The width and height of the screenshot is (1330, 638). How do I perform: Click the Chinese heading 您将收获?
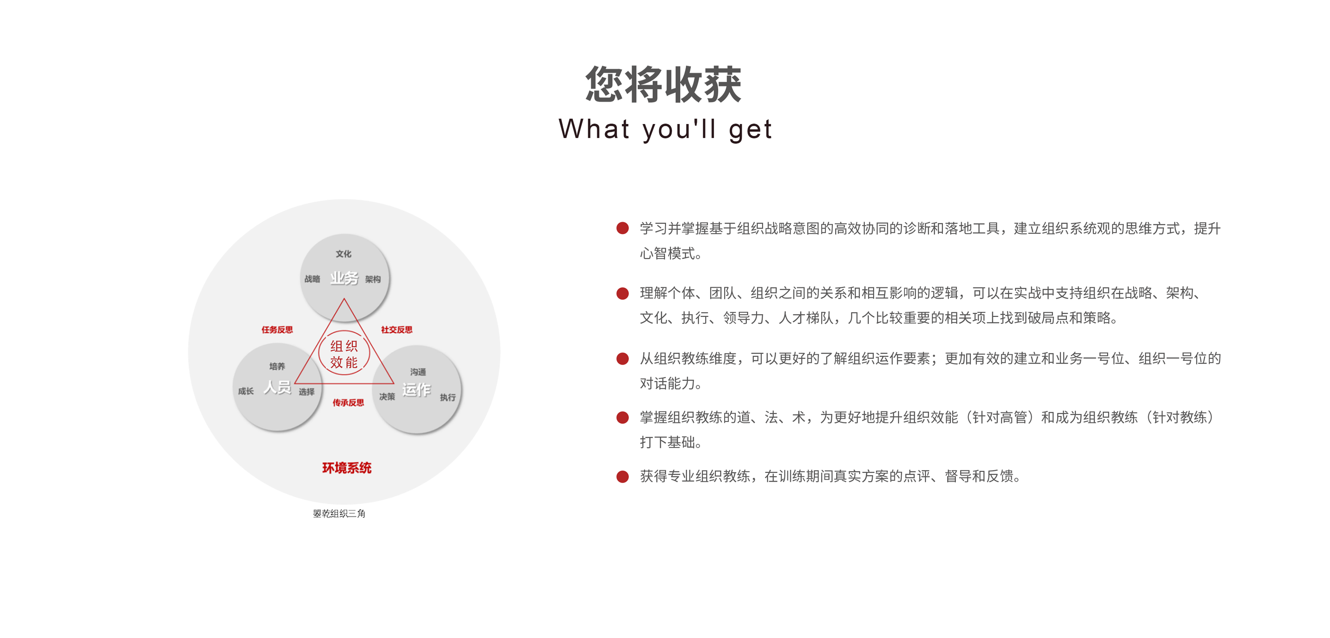pos(664,84)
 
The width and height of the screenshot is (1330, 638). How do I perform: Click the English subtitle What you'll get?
pos(665,129)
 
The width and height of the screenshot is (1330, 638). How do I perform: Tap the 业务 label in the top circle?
pos(344,278)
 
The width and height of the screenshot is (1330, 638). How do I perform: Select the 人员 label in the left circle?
pos(277,386)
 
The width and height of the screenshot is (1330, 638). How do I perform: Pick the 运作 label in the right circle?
pos(416,390)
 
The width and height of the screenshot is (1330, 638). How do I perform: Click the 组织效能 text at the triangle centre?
pos(344,354)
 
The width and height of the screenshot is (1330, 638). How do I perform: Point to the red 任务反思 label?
pos(277,329)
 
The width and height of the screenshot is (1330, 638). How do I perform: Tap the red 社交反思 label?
pos(396,329)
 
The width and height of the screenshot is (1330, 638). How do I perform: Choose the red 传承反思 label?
pos(348,403)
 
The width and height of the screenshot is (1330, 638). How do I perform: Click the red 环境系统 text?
pos(347,468)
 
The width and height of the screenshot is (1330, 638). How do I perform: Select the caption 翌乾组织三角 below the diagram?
pos(339,514)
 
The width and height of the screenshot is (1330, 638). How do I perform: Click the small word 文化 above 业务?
pos(343,254)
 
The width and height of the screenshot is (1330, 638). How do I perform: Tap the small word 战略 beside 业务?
pos(312,279)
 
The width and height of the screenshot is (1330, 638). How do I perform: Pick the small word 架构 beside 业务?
pos(373,279)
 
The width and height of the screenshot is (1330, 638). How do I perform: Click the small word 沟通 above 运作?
pos(418,372)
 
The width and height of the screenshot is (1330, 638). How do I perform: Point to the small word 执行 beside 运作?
pos(448,397)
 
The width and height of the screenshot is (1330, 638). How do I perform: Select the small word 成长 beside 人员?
pos(246,391)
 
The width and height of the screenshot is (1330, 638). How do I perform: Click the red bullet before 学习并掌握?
pos(622,228)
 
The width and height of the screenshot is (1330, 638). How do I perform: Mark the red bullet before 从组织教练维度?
pos(622,359)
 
